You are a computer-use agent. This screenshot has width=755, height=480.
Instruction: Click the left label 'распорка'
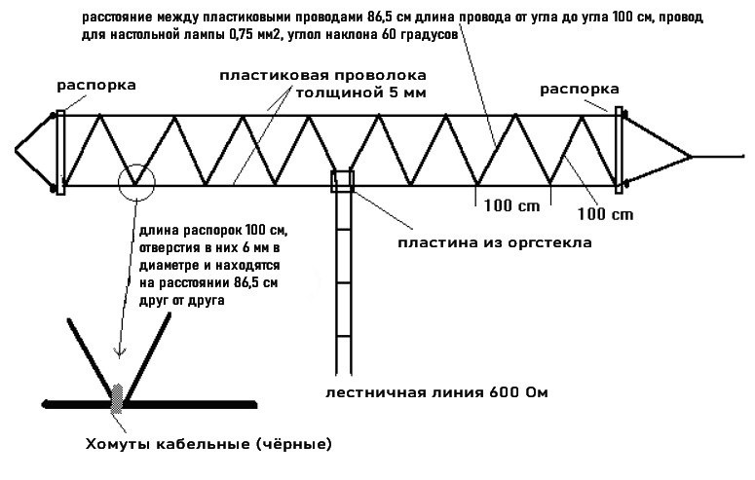(x=95, y=86)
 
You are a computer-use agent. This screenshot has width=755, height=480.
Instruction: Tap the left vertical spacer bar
(x=60, y=151)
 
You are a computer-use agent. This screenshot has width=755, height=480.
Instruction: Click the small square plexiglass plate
(x=343, y=182)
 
